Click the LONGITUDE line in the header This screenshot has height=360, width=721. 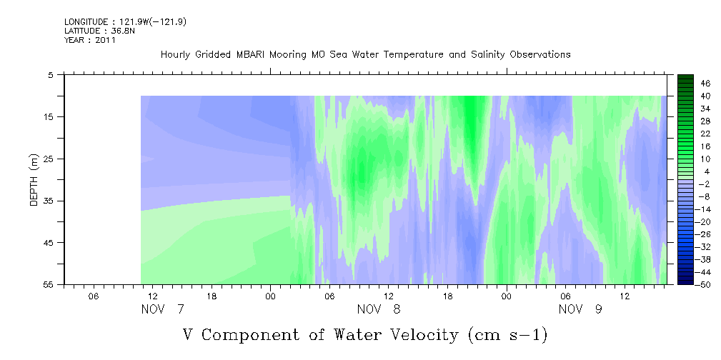[x=126, y=21]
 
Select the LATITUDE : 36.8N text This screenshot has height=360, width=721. [x=96, y=31]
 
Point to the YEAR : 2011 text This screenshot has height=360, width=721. [x=90, y=40]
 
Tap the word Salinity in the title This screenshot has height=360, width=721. [x=489, y=55]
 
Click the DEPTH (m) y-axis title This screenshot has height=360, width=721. [x=34, y=179]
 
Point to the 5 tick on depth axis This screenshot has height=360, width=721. [x=50, y=74]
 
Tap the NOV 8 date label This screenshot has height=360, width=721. [x=379, y=309]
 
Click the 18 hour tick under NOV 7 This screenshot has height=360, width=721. [x=212, y=296]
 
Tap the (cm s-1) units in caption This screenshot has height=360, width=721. [x=507, y=335]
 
